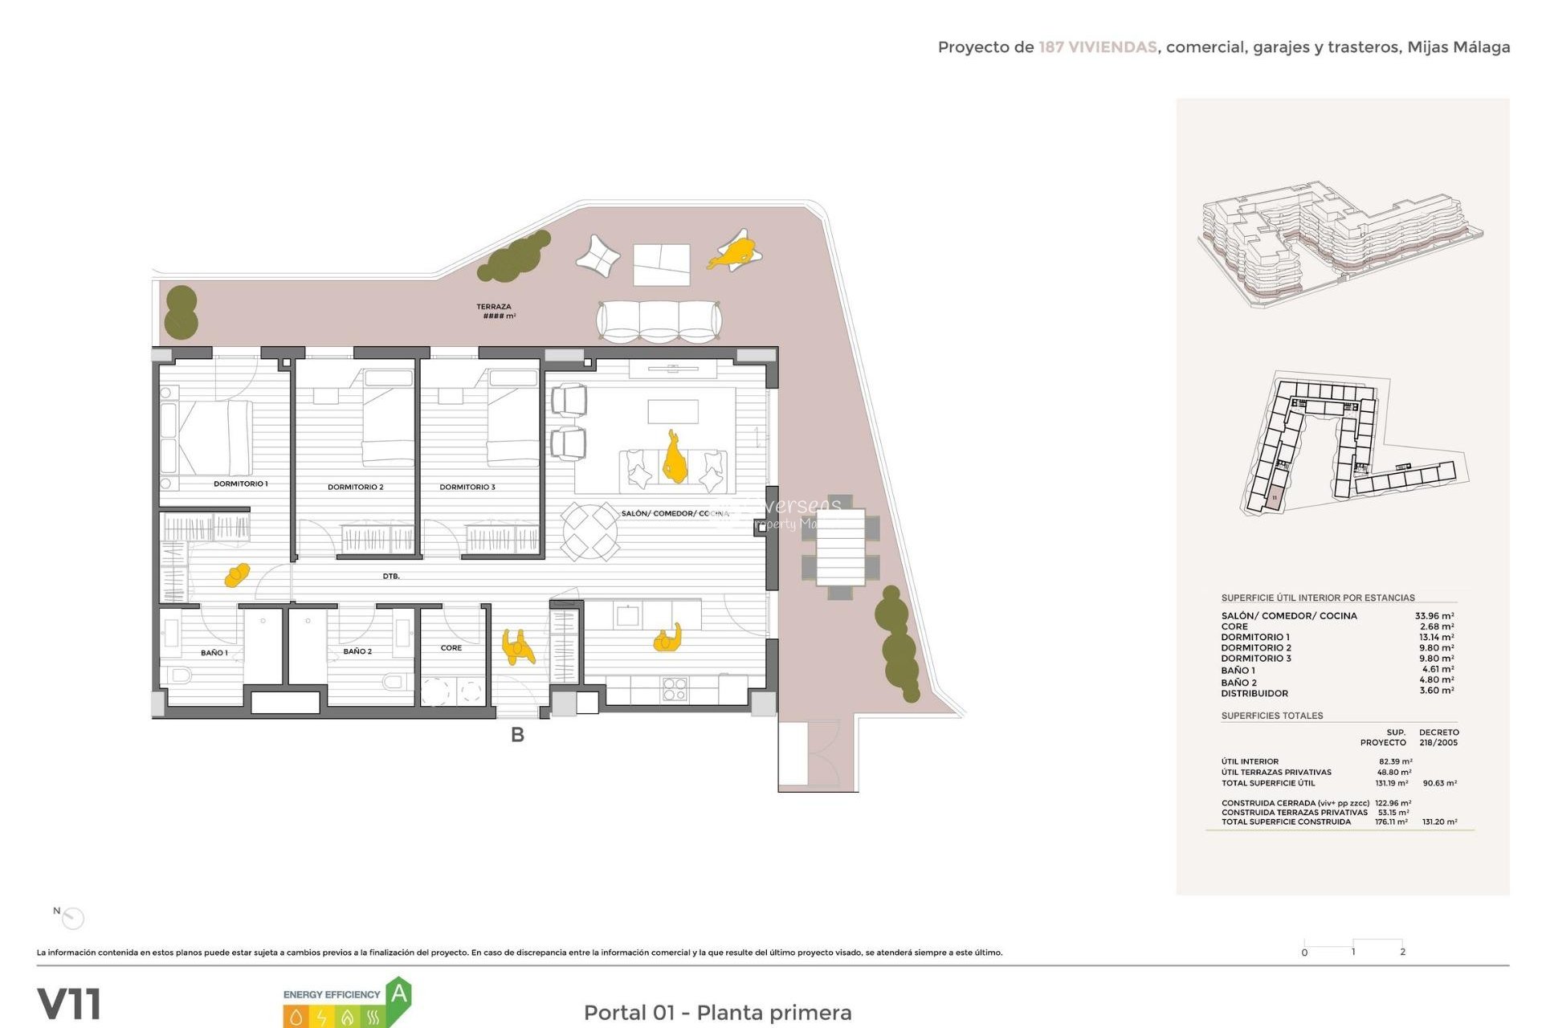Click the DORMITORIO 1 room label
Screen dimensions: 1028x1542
(x=240, y=483)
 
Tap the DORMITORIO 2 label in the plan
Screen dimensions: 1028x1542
(x=355, y=487)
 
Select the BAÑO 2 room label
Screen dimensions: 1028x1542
(x=357, y=651)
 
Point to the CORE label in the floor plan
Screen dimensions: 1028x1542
(x=451, y=647)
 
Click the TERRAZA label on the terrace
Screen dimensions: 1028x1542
(x=493, y=307)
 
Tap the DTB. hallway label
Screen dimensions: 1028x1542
(x=390, y=577)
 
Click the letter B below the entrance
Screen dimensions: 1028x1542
(x=517, y=735)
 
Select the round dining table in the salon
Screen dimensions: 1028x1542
(x=589, y=531)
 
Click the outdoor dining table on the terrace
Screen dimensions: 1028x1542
(x=840, y=547)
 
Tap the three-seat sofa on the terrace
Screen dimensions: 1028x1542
(x=659, y=321)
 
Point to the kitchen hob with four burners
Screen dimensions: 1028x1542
(x=675, y=688)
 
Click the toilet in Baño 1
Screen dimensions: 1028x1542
(x=179, y=675)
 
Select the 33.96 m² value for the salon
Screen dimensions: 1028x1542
(x=1434, y=616)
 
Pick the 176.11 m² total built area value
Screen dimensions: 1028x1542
(x=1391, y=822)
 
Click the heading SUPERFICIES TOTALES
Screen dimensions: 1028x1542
(x=1271, y=716)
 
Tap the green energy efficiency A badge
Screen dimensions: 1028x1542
(x=398, y=996)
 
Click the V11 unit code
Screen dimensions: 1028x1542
(x=69, y=1004)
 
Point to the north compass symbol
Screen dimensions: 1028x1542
(x=72, y=918)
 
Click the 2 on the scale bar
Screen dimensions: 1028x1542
(x=1402, y=952)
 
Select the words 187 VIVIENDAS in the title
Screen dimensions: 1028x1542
(x=1097, y=47)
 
